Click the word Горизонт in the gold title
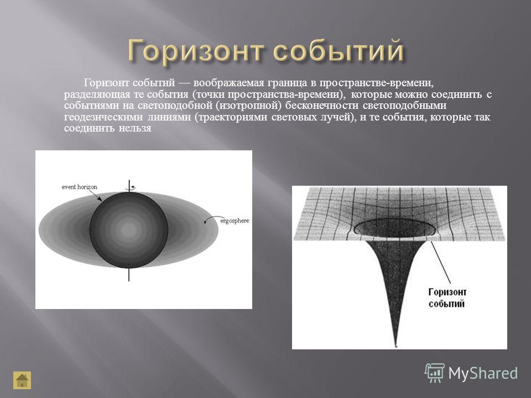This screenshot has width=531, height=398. pos(196,51)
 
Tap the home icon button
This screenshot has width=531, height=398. pos(22,380)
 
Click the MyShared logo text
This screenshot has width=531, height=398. pos(483,374)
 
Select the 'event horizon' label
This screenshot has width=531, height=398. pos(79,187)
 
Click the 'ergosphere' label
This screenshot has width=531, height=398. pos(235,221)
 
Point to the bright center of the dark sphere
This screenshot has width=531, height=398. pos(129,230)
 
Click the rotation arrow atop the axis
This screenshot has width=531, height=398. pos(132,187)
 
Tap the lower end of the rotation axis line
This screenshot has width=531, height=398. pos(129,281)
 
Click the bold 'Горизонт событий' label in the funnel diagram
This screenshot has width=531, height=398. pos(447,298)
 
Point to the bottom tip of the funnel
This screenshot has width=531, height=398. pos(395,346)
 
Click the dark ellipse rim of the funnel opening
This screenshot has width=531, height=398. pos(394,219)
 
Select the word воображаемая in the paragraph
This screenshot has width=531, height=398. pos(228,82)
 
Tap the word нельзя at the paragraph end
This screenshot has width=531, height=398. pos(135,129)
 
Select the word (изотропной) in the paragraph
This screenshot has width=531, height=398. pos(248,106)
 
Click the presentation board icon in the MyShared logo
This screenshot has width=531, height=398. pos(435,373)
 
